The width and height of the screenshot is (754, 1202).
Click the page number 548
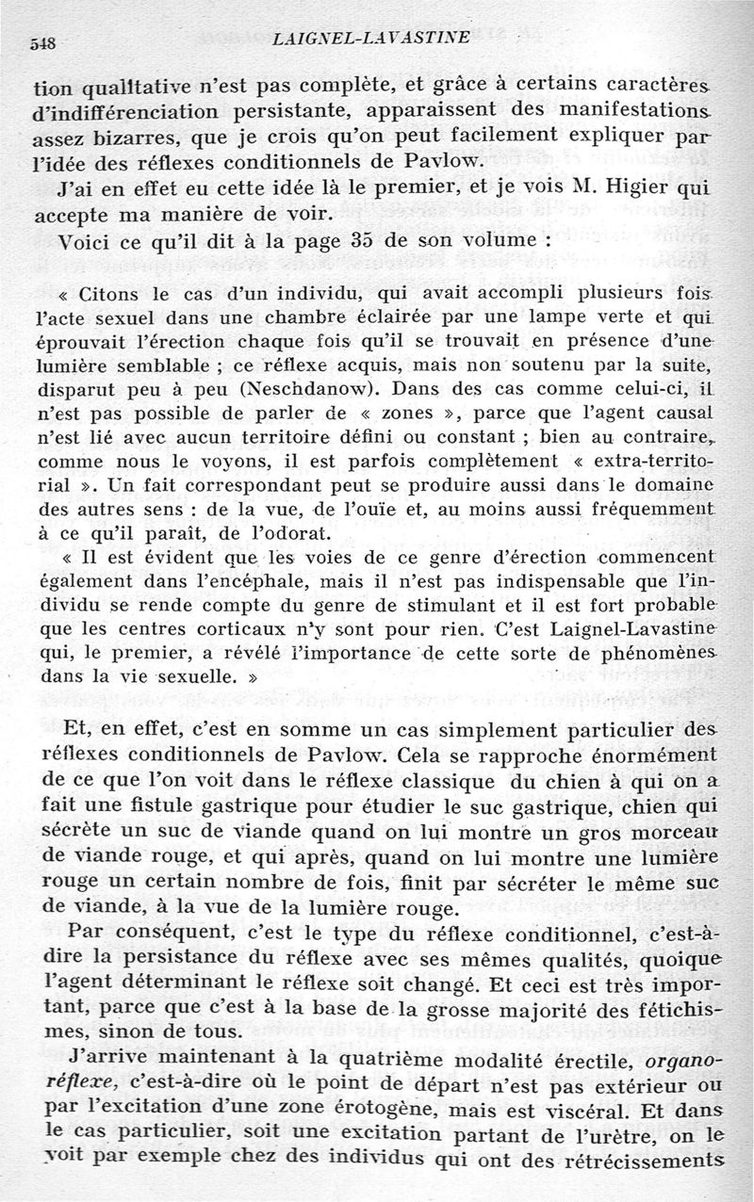point(45,43)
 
